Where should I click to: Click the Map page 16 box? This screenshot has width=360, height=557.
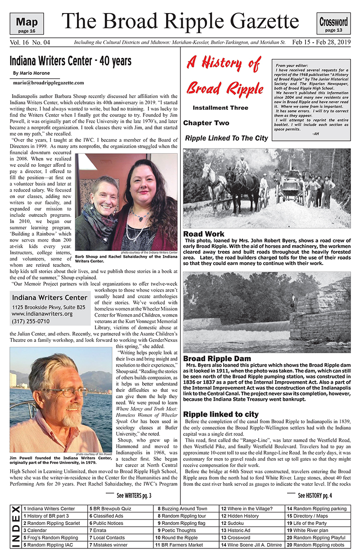point(27,24)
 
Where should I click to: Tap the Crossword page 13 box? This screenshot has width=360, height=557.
point(333,24)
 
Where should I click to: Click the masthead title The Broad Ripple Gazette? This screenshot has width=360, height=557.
point(180,21)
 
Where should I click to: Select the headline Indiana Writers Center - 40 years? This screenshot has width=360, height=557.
point(70,61)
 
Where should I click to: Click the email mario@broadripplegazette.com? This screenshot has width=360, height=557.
point(48,83)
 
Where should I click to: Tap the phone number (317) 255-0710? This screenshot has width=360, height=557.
point(31,321)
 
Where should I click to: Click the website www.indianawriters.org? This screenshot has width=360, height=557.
point(42,314)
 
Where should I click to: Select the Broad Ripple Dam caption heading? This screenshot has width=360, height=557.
point(217,359)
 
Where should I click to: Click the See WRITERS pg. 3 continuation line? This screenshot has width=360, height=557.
point(134,496)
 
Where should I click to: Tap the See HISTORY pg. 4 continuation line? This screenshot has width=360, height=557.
point(315,496)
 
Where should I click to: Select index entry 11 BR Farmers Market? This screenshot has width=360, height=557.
point(179,545)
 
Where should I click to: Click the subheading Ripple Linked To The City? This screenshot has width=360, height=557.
point(226,139)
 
